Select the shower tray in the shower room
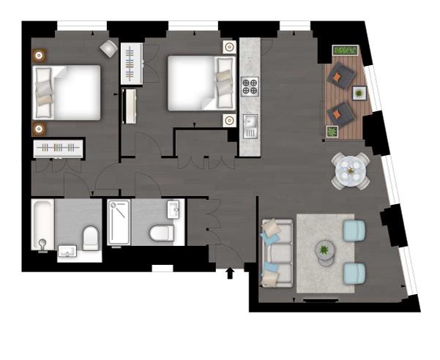point(119,222)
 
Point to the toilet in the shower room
point(160,233)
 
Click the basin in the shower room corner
point(173,209)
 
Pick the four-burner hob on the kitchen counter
point(250,86)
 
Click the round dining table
point(350,171)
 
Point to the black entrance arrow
point(231,274)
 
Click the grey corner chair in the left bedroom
point(108,48)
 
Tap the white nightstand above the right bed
point(229,47)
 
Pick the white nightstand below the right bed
point(229,119)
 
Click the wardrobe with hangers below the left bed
point(59,148)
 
